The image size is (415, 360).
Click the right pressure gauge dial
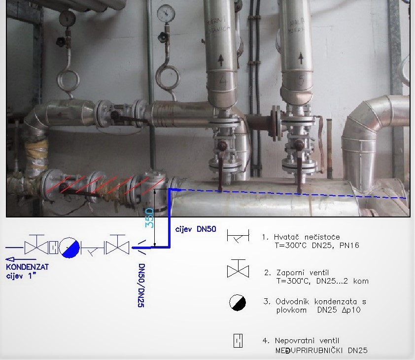(x=164, y=13)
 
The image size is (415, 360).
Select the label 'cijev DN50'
(x=196, y=229)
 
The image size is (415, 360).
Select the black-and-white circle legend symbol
(x=237, y=302)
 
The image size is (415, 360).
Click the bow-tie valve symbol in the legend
(x=237, y=270)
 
